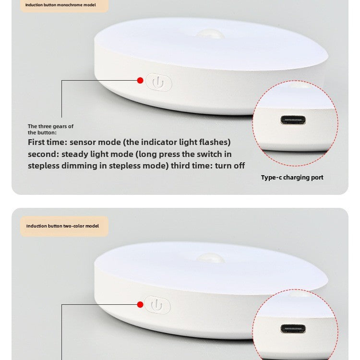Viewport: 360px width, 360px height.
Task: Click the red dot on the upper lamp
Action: coord(140,80)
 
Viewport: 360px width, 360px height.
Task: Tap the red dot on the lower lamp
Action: coord(140,304)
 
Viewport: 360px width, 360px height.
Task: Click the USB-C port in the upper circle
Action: coord(293,120)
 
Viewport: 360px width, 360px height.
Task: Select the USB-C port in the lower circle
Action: coord(293,329)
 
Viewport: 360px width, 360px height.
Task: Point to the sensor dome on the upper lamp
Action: coord(210,35)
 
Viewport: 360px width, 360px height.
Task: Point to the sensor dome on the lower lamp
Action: coord(211,258)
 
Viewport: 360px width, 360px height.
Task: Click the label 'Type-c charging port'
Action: coord(292,178)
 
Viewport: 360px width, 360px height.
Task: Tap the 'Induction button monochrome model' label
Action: coord(60,5)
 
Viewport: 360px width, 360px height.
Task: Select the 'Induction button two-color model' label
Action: coord(62,226)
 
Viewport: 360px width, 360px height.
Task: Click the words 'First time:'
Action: coord(48,142)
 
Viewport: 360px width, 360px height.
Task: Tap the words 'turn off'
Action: coord(230,166)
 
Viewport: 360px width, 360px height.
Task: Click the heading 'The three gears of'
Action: coord(50,126)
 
